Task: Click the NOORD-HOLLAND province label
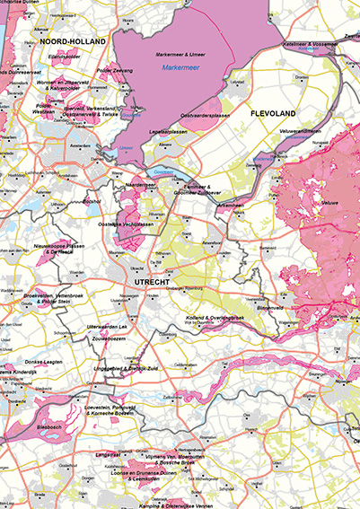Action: tap(79, 41)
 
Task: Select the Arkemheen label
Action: tap(233, 205)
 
